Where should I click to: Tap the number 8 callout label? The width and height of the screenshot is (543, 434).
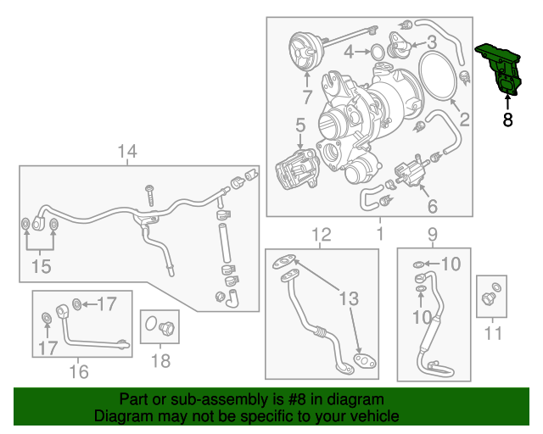coord(507,120)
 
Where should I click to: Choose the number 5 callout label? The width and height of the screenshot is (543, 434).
coord(300,126)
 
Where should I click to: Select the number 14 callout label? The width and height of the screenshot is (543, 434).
coord(126,153)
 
